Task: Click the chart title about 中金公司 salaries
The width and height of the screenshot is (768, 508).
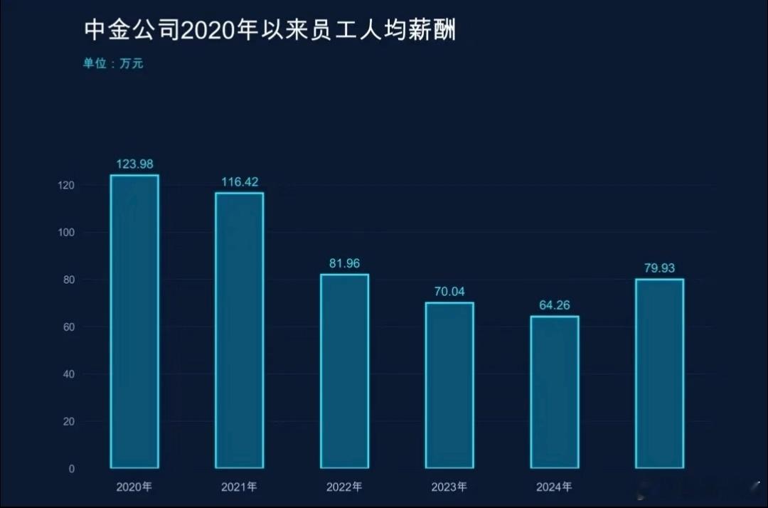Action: point(270,31)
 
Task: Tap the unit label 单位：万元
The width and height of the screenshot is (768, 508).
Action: point(113,63)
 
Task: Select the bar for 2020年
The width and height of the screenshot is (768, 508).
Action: point(134,322)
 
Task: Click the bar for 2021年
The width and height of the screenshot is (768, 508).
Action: point(240,330)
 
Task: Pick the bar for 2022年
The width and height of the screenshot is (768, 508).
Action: point(344,371)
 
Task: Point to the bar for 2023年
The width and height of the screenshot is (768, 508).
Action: point(449,385)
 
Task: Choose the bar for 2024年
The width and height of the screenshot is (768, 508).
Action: point(555,392)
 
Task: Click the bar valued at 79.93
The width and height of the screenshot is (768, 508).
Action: point(659,374)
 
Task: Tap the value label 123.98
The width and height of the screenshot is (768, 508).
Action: point(134,164)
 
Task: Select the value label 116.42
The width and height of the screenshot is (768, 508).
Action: point(240,182)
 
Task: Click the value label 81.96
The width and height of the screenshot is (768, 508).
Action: point(344,263)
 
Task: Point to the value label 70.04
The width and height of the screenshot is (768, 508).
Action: point(449,292)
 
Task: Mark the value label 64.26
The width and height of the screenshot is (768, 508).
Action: point(555,305)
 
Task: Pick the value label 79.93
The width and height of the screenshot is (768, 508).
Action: point(659,268)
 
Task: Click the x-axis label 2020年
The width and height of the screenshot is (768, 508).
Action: point(134,487)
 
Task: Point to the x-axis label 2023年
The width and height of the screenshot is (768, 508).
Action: point(449,487)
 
